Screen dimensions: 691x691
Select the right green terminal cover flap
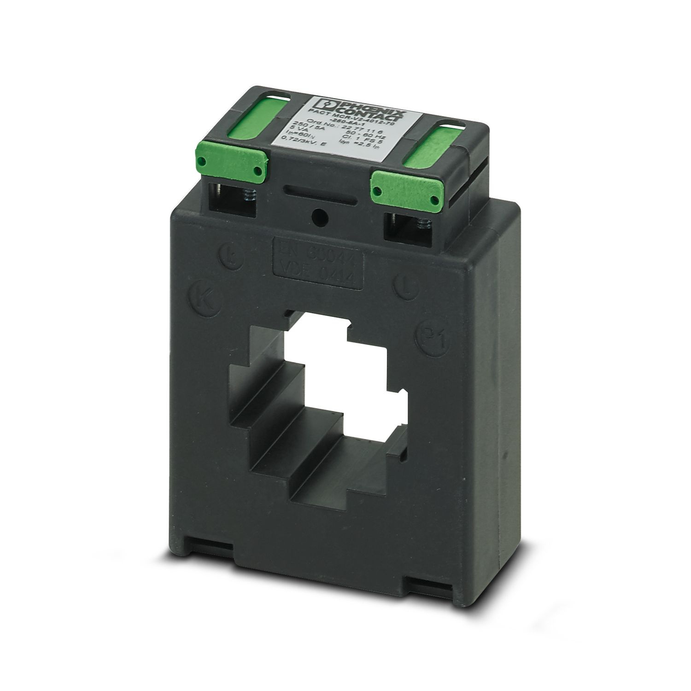(406, 190)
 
